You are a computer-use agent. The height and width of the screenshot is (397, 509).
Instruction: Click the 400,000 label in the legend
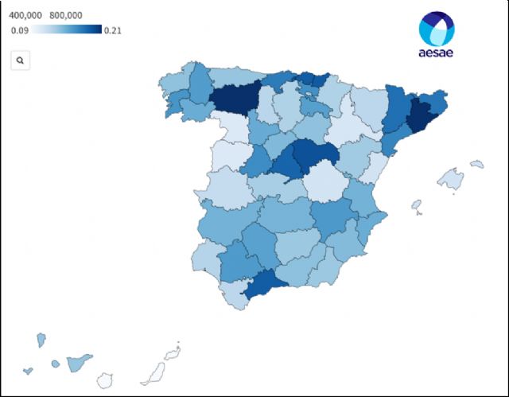[25, 14]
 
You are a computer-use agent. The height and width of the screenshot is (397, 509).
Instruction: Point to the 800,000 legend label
[69, 14]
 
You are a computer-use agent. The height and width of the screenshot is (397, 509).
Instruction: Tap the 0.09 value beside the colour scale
[21, 30]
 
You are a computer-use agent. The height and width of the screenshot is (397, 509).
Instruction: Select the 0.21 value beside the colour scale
[113, 30]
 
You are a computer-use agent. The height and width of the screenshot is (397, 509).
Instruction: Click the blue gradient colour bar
[68, 30]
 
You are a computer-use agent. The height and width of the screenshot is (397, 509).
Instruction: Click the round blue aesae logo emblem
[437, 30]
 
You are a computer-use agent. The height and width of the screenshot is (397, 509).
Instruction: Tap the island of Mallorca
[451, 178]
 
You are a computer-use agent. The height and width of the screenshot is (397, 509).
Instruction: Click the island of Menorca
[476, 165]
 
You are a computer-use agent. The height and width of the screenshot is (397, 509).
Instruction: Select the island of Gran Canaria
[104, 380]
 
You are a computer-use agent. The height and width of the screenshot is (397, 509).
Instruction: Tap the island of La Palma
[41, 340]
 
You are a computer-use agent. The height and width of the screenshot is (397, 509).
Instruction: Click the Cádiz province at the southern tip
[233, 295]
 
